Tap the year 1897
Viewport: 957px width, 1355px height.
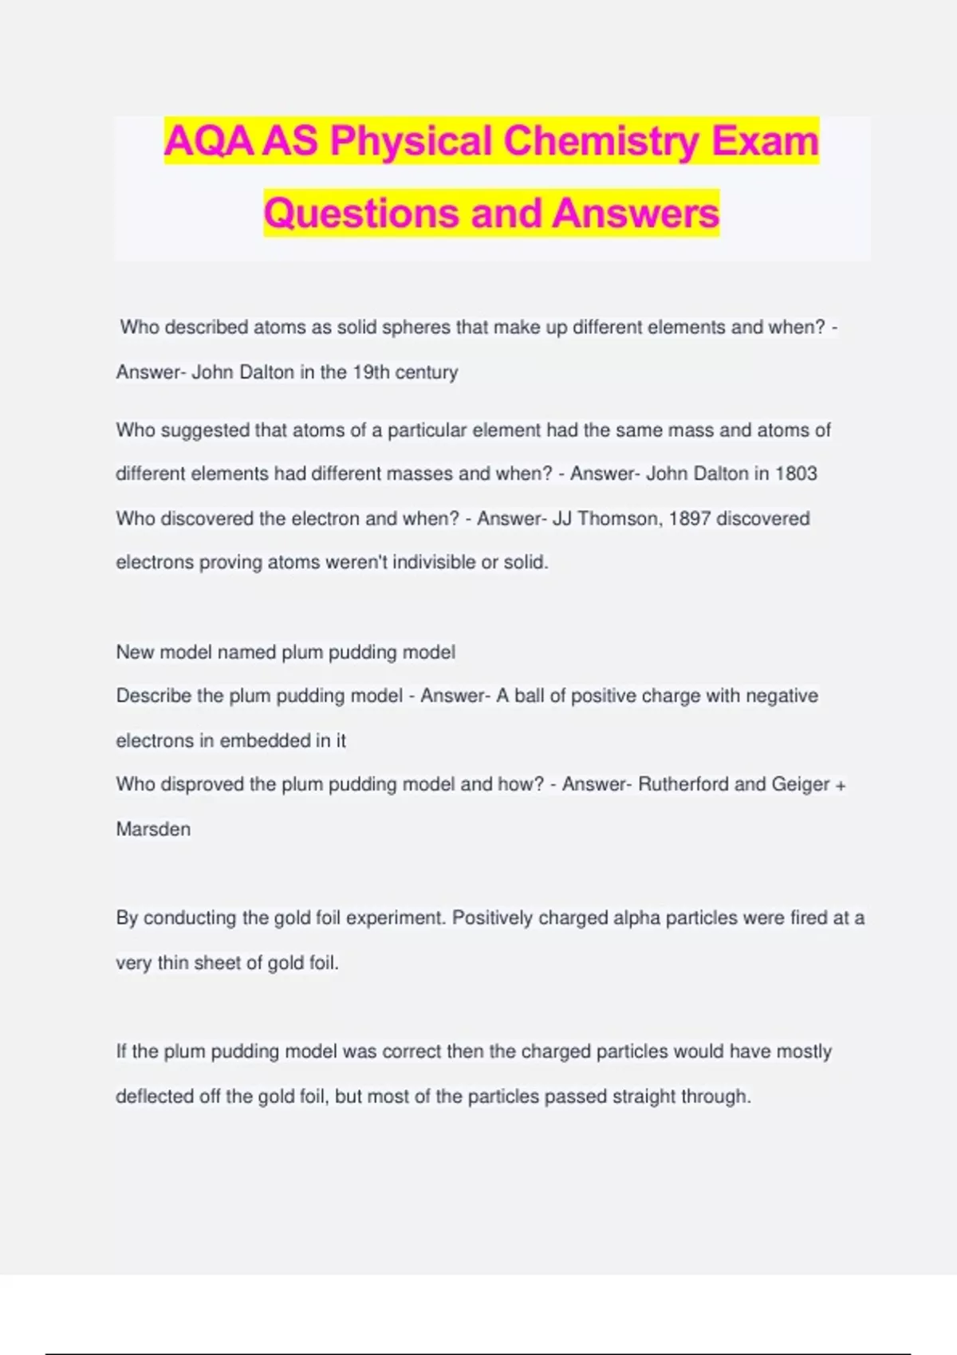point(689,519)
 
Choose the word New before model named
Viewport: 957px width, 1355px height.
point(135,653)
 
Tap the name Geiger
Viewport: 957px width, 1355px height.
point(800,784)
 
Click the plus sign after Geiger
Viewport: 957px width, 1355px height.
point(840,786)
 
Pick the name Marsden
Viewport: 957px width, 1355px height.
point(153,830)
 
